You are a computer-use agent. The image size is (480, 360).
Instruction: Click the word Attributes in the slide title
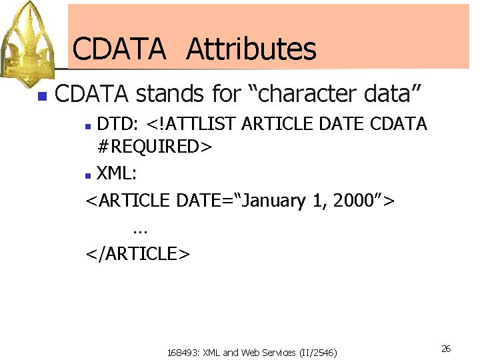(x=251, y=49)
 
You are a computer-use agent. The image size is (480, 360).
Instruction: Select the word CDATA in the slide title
(x=119, y=49)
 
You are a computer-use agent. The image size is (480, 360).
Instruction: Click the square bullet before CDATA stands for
(x=42, y=96)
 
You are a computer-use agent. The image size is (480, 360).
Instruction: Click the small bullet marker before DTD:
(x=91, y=125)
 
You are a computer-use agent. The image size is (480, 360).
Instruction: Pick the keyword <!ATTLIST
(x=193, y=124)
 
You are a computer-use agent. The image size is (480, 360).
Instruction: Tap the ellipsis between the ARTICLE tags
(x=140, y=229)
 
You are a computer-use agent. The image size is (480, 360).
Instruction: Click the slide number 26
(x=446, y=349)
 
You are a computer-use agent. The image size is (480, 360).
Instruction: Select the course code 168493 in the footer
(x=185, y=352)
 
